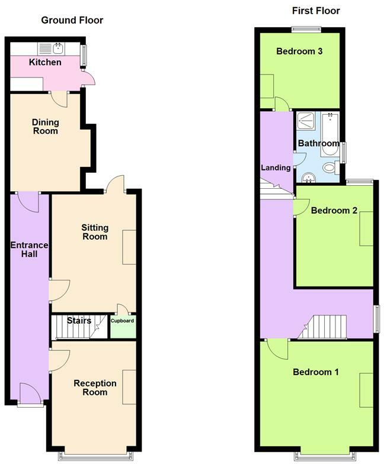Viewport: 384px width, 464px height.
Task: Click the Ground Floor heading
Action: (72, 20)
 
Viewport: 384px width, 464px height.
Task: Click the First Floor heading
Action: (316, 11)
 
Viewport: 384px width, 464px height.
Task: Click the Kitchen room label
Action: (45, 62)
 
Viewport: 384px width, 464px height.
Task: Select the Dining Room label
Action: (45, 127)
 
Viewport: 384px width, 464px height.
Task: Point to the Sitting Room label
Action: (95, 231)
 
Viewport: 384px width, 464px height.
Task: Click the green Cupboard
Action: (123, 326)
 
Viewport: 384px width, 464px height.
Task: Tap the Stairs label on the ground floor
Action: (79, 321)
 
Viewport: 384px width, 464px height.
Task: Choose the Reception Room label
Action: (95, 388)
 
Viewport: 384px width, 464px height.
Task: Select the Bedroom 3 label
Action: (299, 51)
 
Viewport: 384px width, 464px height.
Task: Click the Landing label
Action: (276, 167)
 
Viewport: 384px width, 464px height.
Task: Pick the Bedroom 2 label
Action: (334, 210)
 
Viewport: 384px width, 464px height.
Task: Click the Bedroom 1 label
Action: (316, 372)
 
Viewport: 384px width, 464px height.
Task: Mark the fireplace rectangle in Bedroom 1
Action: (366, 391)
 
